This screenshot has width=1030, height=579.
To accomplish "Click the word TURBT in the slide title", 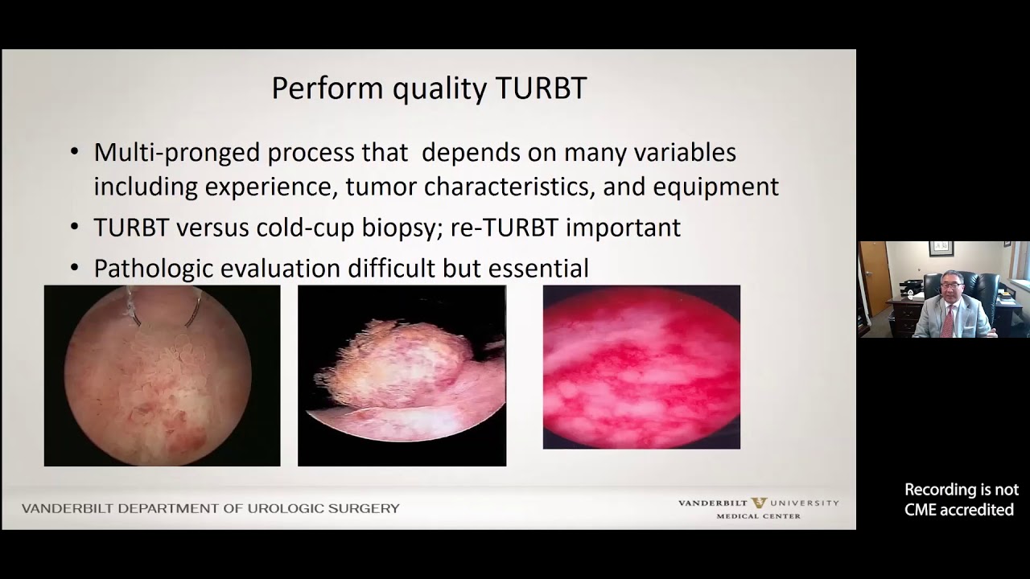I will click(541, 88).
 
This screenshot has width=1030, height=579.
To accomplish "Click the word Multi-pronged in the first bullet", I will click(177, 153).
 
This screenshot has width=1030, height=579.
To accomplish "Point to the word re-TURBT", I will click(504, 228).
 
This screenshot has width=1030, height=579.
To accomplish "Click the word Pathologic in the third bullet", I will click(154, 269).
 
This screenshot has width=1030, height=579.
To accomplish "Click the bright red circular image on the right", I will click(641, 367).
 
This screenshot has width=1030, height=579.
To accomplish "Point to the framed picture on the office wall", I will click(940, 248).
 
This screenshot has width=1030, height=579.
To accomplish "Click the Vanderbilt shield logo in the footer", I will click(757, 503).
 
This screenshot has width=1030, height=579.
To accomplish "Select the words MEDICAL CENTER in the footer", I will click(758, 516).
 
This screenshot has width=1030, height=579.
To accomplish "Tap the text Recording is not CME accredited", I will click(961, 499).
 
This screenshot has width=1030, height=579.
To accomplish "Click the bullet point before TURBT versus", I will click(75, 228).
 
